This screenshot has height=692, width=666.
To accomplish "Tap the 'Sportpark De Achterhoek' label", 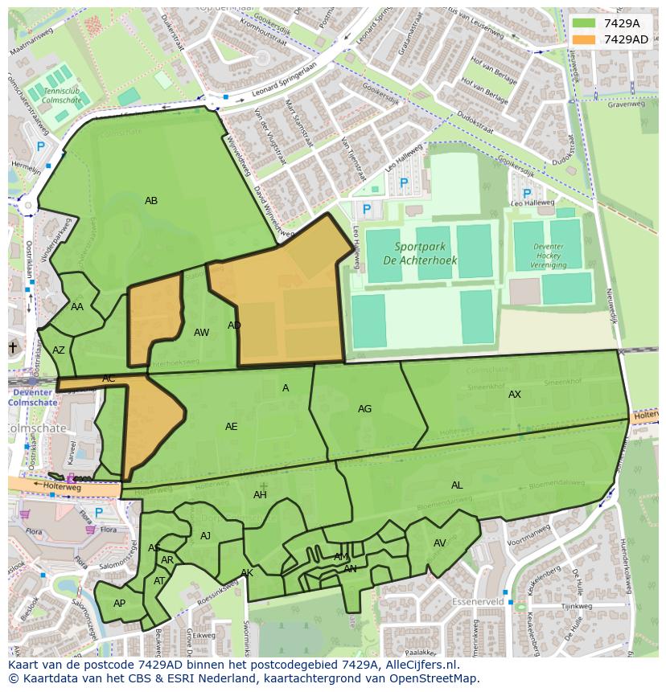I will (x=419, y=252).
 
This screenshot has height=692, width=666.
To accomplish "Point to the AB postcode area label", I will (x=151, y=201).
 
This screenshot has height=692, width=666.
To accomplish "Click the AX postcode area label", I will (x=515, y=395).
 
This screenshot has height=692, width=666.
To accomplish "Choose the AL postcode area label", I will (x=457, y=485).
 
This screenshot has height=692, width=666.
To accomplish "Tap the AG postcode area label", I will (x=364, y=409).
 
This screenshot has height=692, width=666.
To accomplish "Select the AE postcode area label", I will (x=232, y=427).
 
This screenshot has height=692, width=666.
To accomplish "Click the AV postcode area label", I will (x=440, y=543).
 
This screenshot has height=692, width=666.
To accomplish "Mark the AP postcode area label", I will (x=119, y=604).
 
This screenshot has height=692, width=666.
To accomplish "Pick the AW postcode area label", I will (x=201, y=333).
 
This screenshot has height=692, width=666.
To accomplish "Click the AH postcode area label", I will (x=260, y=495).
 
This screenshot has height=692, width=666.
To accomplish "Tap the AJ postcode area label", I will (x=205, y=536).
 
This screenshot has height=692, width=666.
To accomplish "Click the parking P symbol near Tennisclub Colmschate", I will (x=41, y=147).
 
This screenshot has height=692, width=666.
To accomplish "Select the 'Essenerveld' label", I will (x=478, y=601).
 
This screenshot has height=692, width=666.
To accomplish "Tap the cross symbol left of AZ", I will (x=12, y=347).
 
